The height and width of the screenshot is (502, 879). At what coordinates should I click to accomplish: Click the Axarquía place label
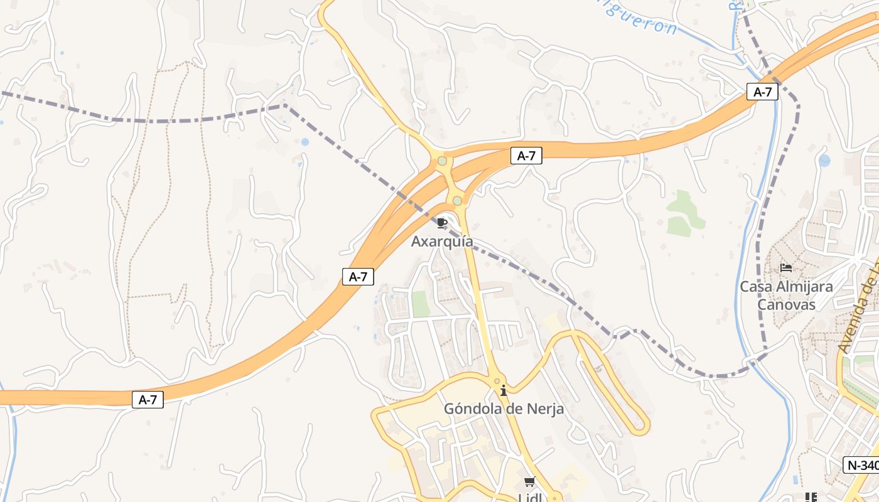442,242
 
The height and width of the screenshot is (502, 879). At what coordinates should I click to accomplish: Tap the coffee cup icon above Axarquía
442,223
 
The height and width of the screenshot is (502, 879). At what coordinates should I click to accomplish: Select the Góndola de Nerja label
504,409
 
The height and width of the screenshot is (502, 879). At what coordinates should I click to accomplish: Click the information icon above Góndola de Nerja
503,391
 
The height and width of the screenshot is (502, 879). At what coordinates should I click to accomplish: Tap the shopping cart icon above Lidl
529,482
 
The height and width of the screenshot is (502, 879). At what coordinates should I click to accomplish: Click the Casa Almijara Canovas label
786,296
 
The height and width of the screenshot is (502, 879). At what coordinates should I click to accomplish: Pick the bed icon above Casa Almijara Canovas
785,268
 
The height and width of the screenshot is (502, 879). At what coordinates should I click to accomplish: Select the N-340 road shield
861,465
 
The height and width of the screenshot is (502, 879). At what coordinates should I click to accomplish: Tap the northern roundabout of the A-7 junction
442,161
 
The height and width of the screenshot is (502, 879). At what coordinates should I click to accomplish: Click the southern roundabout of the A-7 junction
457,201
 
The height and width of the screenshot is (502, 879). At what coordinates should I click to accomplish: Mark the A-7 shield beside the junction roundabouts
526,156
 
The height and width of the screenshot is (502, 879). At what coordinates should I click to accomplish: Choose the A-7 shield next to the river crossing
762,92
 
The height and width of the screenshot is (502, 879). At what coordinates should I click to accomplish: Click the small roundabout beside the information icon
497,380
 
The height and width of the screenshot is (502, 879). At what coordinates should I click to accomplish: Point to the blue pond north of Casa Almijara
824,161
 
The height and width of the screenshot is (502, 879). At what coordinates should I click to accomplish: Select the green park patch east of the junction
684,215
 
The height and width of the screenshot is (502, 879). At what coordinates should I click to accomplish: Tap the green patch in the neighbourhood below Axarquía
421,304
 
